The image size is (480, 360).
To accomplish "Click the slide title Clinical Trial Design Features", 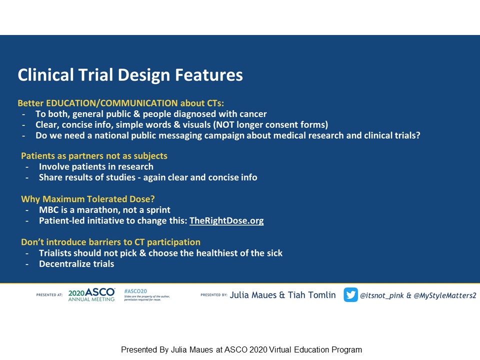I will [x=130, y=75].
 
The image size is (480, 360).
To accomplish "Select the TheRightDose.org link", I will [x=226, y=220].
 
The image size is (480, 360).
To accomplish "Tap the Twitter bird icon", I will [x=350, y=295].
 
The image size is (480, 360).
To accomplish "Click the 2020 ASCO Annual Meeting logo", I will [x=91, y=295].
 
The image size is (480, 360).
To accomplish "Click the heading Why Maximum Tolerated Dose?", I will [x=88, y=199].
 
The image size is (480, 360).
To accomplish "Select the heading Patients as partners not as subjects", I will [x=94, y=155].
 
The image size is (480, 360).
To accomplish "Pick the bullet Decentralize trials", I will [x=76, y=263].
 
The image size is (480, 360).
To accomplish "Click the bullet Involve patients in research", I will [x=96, y=166].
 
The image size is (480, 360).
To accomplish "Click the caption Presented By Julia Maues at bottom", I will [x=241, y=350].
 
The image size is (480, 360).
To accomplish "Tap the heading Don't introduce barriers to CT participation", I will [x=110, y=242].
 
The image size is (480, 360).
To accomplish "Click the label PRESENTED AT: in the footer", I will [x=49, y=295].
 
